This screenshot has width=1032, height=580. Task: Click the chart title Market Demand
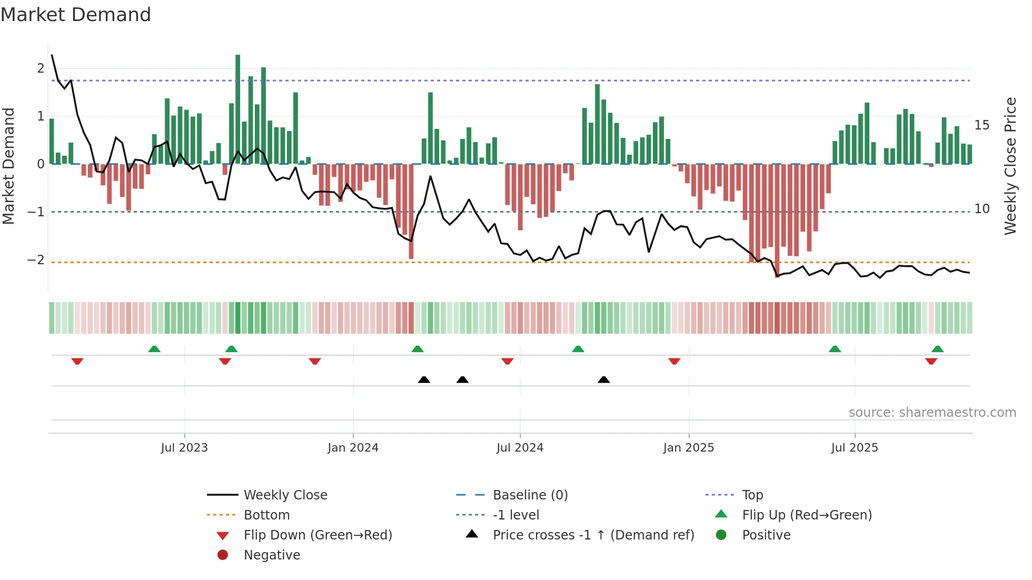(76, 15)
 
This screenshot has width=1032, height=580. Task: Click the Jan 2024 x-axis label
(353, 448)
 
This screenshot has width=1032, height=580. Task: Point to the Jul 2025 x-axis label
(854, 448)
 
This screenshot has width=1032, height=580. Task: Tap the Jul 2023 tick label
(184, 448)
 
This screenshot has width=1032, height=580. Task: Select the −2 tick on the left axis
(36, 260)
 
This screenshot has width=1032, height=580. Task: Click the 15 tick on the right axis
(981, 125)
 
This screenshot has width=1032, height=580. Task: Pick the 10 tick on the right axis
(981, 209)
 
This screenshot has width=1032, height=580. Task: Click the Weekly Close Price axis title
(1010, 166)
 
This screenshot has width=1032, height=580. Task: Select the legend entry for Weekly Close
(285, 495)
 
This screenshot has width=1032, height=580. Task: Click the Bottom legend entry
(266, 515)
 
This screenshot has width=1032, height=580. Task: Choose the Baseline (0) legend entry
(530, 495)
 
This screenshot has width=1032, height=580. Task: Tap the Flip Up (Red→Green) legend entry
(807, 515)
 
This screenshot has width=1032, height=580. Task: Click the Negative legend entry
(272, 555)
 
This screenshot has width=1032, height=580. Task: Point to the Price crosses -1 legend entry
(593, 535)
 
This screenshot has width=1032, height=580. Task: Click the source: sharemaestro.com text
(932, 413)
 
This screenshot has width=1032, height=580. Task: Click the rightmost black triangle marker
(604, 379)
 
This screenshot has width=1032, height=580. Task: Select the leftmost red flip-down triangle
(77, 361)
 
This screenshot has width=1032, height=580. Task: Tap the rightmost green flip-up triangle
(937, 349)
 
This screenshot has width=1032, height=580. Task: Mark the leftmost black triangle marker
(424, 379)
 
